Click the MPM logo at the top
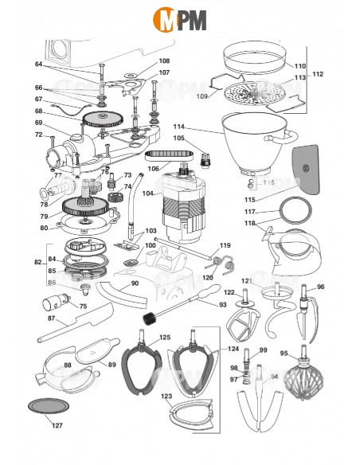tap(180, 18)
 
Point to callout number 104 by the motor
tap(148, 193)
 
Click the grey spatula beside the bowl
tap(307, 170)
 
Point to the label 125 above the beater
tap(165, 338)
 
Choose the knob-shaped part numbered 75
tap(53, 303)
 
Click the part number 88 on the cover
tap(68, 365)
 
